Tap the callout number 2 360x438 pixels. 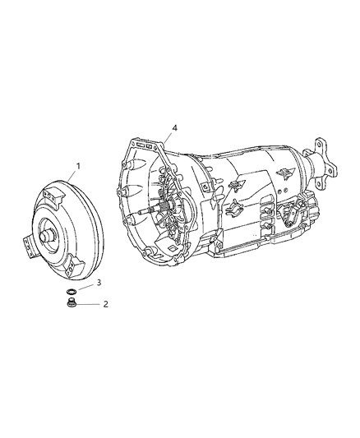tap(104, 303)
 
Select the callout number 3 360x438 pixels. tap(99, 283)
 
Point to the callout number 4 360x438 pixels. tap(173, 128)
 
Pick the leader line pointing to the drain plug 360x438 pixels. tap(90, 303)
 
